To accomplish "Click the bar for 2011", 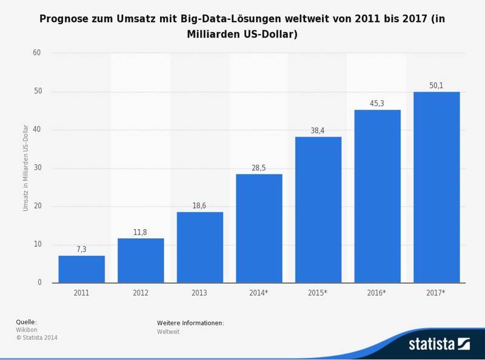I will coord(81,269).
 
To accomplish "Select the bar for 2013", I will coord(199,247).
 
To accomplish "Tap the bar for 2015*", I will coord(318,210).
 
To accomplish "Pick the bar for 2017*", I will coord(436,187).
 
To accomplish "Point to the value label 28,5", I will coord(259,167).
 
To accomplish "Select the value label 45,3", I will coord(377,103).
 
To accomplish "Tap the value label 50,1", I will coord(436,85).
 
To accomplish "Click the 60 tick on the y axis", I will coord(36,53).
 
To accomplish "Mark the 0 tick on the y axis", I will coord(39,283).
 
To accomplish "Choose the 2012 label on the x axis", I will coord(140,293).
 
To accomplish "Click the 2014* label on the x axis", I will coord(259,293).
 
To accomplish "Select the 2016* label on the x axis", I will coord(377,293).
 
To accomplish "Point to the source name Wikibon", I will coord(26,330).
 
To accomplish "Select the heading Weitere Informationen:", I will coord(190,322).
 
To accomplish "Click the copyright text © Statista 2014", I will coord(36,338).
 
